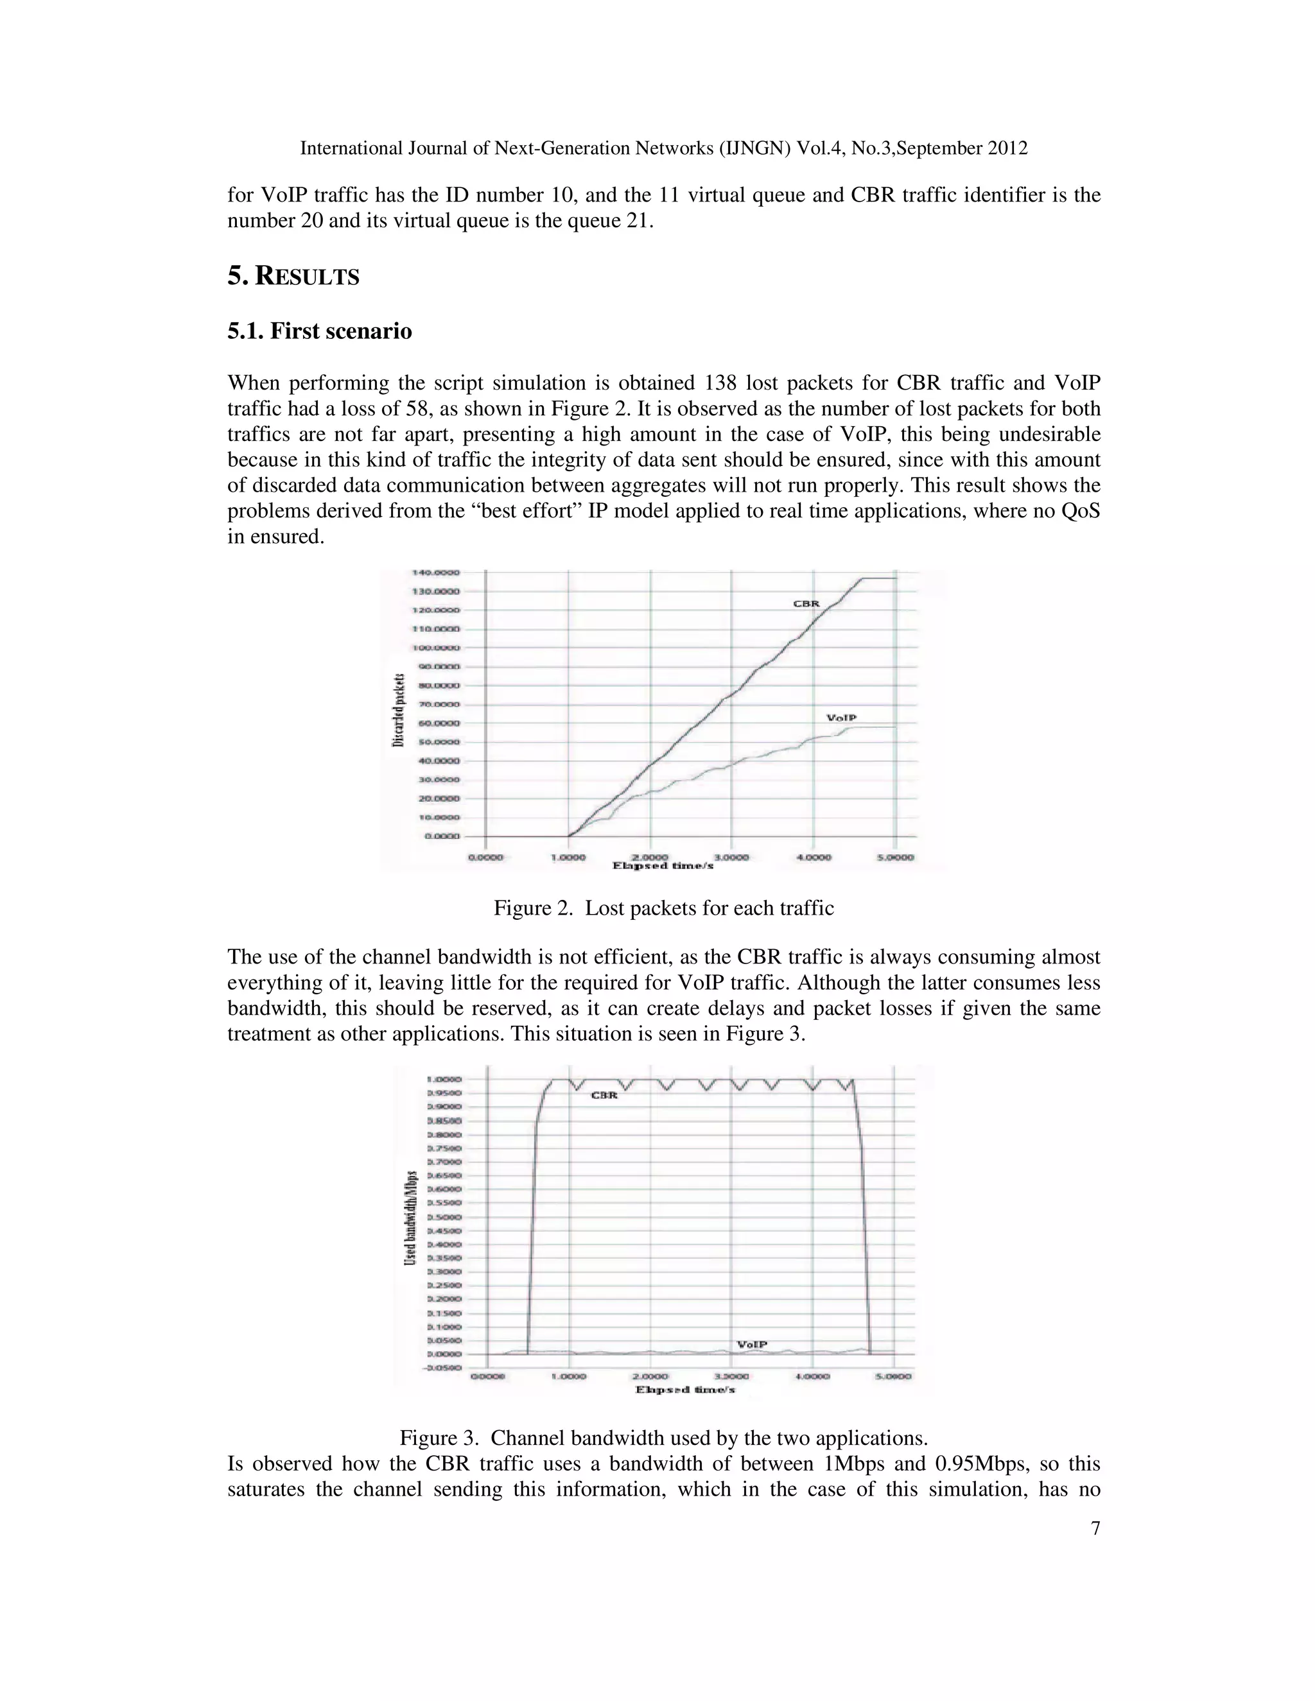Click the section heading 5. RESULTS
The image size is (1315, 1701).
coord(293,277)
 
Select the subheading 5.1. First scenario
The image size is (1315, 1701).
coord(319,331)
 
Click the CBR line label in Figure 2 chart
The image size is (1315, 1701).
coord(806,603)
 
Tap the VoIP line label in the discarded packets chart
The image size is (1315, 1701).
coord(841,718)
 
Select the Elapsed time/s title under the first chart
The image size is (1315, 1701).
coord(663,865)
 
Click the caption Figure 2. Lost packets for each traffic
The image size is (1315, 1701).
coord(663,908)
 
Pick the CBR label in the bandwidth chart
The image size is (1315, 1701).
coord(604,1095)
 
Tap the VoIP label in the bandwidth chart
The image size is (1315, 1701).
coord(753,1344)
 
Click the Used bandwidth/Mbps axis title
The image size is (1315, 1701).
coord(410,1217)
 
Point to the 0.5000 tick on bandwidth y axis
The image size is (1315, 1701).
coord(444,1217)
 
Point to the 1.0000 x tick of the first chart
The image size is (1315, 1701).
coord(568,857)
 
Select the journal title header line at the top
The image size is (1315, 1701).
coord(663,148)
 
